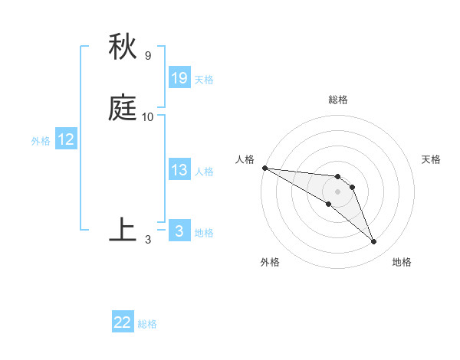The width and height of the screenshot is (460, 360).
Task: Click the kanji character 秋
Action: (x=123, y=47)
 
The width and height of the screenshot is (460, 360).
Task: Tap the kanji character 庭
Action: (x=123, y=110)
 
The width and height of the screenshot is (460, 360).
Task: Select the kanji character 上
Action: (x=123, y=230)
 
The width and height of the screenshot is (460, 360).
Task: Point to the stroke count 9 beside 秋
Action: (x=148, y=55)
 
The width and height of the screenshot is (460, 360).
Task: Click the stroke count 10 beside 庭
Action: (x=148, y=117)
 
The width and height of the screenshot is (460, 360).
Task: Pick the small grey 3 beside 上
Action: (x=148, y=239)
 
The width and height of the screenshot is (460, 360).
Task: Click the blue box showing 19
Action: (x=179, y=78)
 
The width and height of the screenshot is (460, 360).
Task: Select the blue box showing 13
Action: (x=179, y=170)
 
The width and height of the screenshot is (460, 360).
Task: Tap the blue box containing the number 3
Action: (x=179, y=231)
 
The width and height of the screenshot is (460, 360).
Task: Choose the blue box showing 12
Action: (x=65, y=139)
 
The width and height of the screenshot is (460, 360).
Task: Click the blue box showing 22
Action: (x=123, y=322)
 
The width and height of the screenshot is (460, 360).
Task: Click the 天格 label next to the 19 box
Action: (x=204, y=80)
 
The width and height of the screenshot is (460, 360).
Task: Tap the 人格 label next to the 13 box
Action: (x=204, y=172)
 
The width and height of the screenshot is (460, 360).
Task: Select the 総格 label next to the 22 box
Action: (x=147, y=324)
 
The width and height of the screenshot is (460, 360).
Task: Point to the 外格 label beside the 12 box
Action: (x=41, y=141)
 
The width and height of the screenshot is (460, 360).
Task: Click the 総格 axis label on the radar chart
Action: (x=338, y=100)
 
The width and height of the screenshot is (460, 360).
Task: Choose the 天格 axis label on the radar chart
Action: (x=431, y=159)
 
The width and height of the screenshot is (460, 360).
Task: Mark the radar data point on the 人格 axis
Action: (x=264, y=168)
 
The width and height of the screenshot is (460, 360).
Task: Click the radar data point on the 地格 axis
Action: (x=374, y=242)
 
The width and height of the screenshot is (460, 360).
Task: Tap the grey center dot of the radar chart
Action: (x=338, y=191)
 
